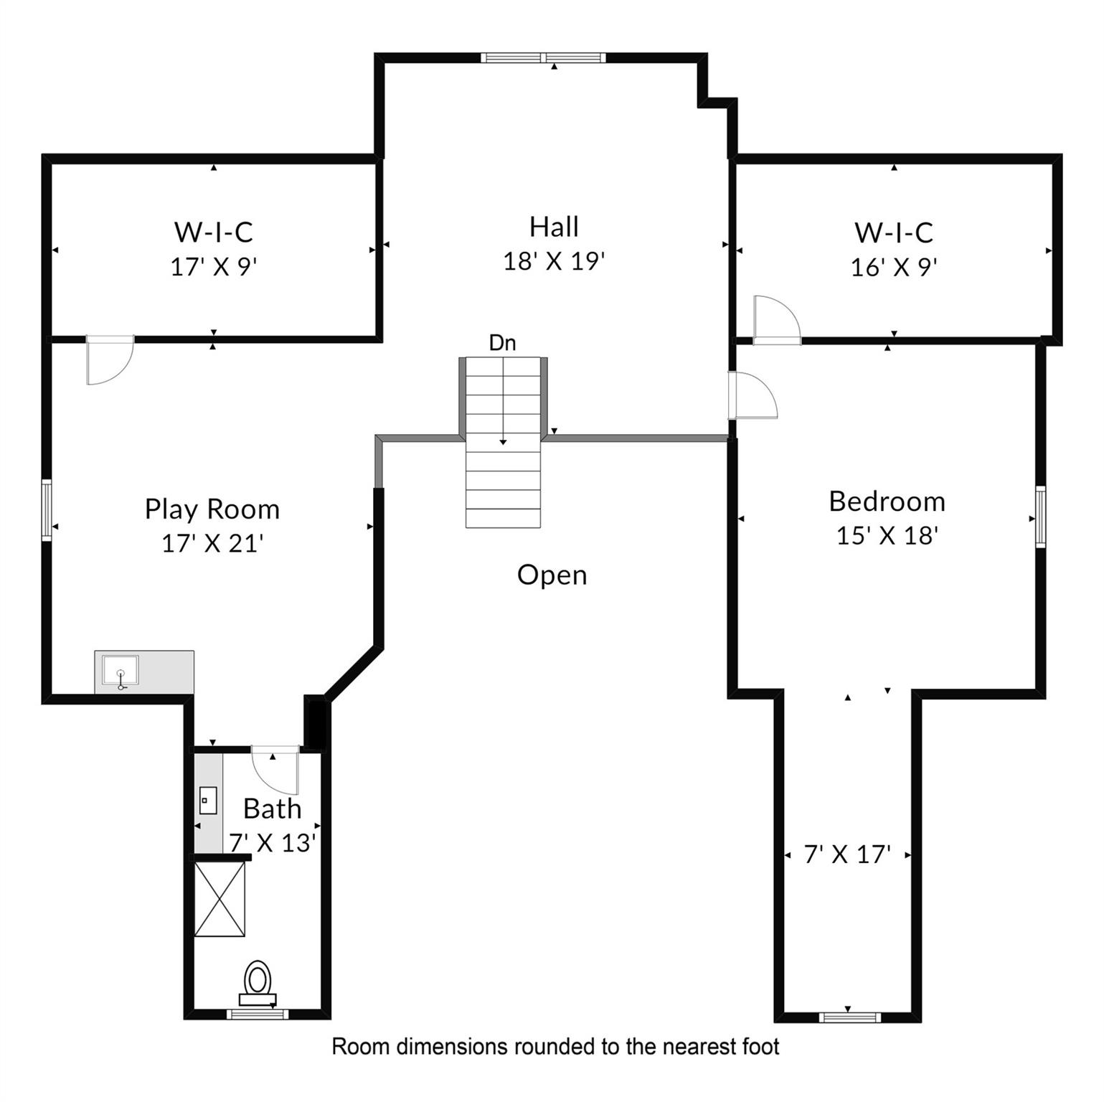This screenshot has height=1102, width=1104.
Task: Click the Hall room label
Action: pos(554,227)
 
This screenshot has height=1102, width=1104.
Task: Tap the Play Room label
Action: pos(212,509)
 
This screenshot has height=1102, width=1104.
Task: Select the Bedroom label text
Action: pos(887,501)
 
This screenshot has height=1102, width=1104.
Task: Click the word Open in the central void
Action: pos(552,575)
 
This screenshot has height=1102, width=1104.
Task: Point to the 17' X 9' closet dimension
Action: pos(214,267)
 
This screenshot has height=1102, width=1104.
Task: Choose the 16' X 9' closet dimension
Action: pos(894,268)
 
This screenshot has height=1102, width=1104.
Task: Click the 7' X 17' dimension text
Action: pos(847,854)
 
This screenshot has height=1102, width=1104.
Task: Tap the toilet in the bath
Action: pos(258,983)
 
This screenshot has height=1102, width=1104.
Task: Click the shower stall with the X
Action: pos(220,899)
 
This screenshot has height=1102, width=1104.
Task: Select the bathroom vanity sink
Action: pos(208,801)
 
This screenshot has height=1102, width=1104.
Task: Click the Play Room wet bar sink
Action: pos(121,672)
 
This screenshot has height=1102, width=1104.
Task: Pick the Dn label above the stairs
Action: pos(502,343)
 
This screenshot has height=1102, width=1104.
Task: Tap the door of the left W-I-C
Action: pos(110,359)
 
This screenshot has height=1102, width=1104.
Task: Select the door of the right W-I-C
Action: pos(777,320)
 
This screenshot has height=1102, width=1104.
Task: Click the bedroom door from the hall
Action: pos(752,395)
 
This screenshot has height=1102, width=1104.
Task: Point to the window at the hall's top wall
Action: pos(543,58)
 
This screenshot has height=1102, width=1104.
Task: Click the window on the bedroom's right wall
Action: pos(1040,517)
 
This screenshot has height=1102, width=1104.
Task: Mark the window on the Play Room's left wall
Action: pos(47,509)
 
